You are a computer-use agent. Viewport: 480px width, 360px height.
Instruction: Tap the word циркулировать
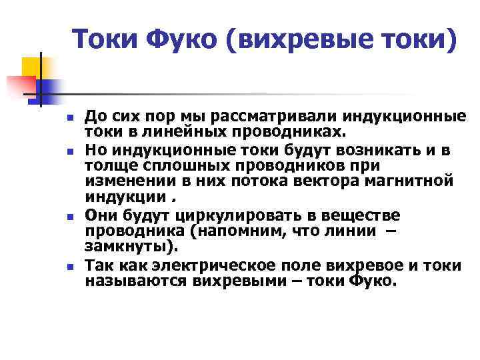click(228, 215)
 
